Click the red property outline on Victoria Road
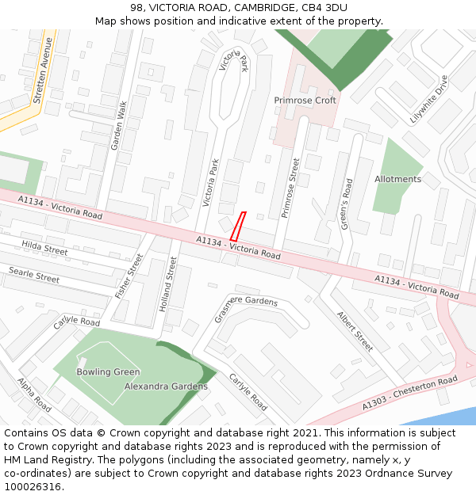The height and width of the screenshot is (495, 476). [237, 227]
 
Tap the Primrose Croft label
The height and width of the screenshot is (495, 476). [305, 101]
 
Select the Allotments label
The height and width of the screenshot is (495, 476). [397, 179]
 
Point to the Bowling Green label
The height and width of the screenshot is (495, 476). [108, 372]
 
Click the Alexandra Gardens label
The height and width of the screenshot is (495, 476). [166, 386]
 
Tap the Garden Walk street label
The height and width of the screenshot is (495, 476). [119, 126]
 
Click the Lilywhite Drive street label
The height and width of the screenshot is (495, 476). [428, 100]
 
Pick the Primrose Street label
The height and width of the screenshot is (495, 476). [290, 188]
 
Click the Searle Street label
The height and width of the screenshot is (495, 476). [34, 275]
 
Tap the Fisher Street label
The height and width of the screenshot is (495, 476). [129, 276]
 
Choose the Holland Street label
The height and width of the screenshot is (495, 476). [167, 284]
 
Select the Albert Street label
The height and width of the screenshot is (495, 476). [354, 331]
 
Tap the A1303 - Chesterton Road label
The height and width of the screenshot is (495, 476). [409, 393]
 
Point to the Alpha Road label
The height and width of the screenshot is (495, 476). [34, 395]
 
